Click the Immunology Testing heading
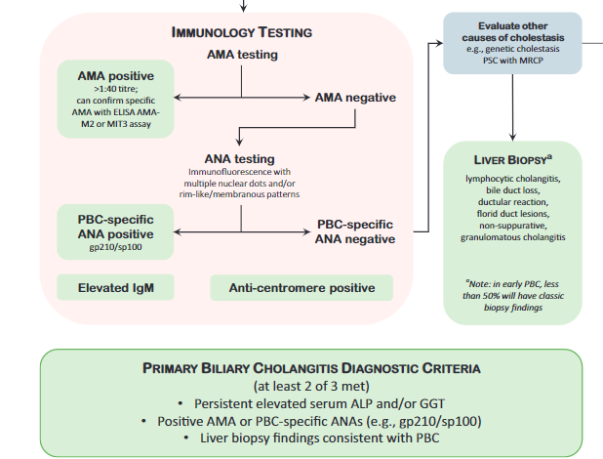[241, 31]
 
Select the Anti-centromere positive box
[301, 287]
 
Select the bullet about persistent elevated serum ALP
[311, 403]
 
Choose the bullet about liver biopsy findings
[311, 438]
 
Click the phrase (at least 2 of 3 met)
[310, 386]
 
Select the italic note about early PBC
[511, 295]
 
